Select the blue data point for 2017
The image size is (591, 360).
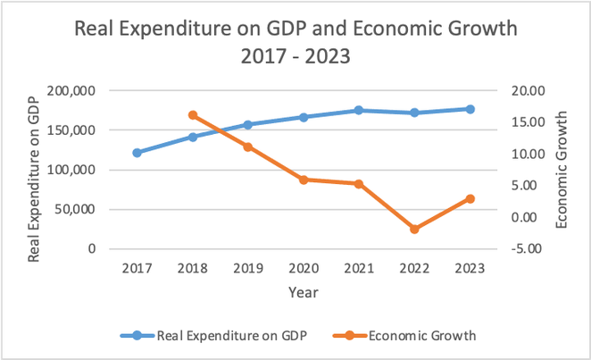tap(137, 153)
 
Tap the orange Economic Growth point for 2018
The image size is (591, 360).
tap(193, 115)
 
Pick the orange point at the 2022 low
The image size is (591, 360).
tap(414, 230)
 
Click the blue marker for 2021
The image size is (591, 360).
tap(359, 110)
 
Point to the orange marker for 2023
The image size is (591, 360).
tap(470, 198)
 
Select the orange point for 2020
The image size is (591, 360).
tap(304, 180)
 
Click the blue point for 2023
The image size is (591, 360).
tap(470, 109)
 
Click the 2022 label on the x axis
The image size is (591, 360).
tap(414, 267)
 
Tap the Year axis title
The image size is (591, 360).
tap(304, 292)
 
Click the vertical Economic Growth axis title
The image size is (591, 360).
tap(562, 170)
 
